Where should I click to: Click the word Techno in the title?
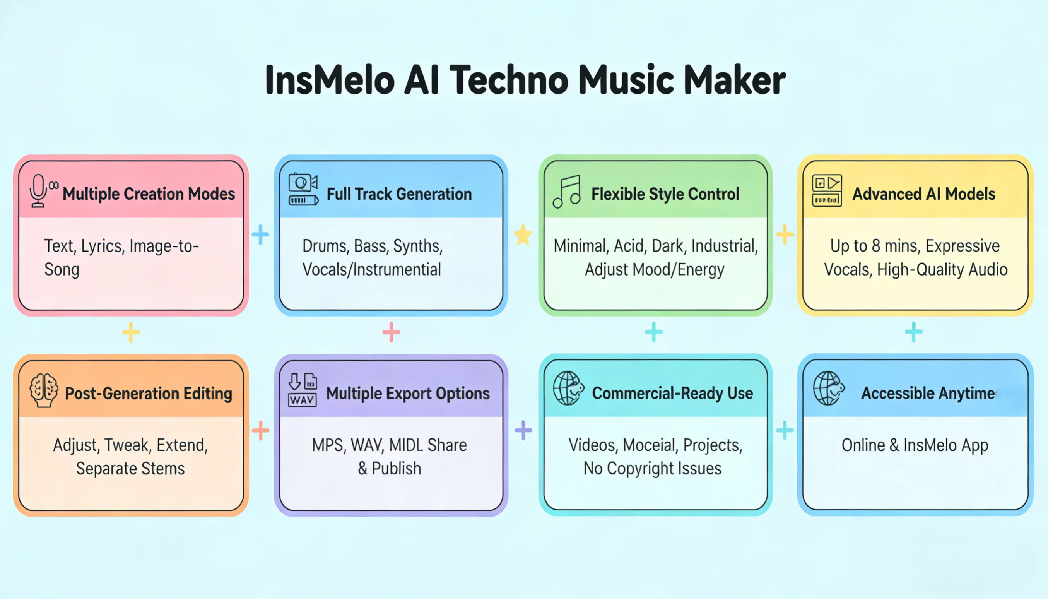tap(509, 80)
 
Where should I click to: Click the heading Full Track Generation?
tap(399, 194)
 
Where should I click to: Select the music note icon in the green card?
tap(567, 191)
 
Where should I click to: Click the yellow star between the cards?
tap(523, 234)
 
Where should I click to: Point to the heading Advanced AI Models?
tap(923, 194)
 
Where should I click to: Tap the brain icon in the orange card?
tap(44, 390)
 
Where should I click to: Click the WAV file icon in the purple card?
tap(302, 390)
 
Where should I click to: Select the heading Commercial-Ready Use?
tap(672, 393)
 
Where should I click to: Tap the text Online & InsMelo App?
tap(915, 445)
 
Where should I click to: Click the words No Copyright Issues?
tap(652, 469)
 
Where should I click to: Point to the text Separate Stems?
tap(130, 469)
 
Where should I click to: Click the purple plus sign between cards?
tap(523, 430)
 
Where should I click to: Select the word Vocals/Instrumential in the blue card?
tap(371, 269)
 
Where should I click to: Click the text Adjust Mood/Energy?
tap(655, 269)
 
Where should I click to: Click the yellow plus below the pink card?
tap(131, 332)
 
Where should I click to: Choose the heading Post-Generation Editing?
tap(149, 393)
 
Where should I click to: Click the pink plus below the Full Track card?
tap(391, 332)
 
